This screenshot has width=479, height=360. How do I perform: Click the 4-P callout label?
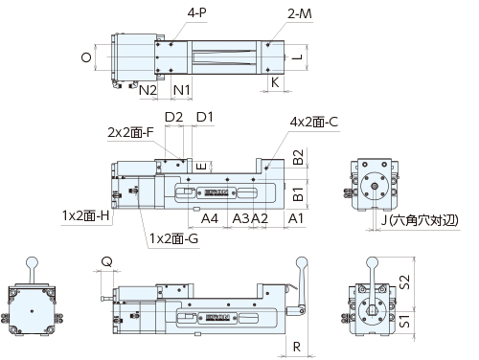(x=197, y=12)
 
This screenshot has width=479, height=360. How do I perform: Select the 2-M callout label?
(x=300, y=13)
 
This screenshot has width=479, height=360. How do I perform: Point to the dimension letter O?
(x=86, y=57)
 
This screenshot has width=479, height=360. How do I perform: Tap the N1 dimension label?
(x=181, y=90)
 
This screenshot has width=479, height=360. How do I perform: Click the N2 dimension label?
(x=148, y=90)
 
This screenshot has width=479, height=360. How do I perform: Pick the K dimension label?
(x=275, y=82)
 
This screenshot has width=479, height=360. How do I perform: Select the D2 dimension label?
(x=173, y=117)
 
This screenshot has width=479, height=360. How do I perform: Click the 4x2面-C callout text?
(x=313, y=122)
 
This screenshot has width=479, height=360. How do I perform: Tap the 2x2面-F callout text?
(x=130, y=132)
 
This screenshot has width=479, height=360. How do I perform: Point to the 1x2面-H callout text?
(x=85, y=215)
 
